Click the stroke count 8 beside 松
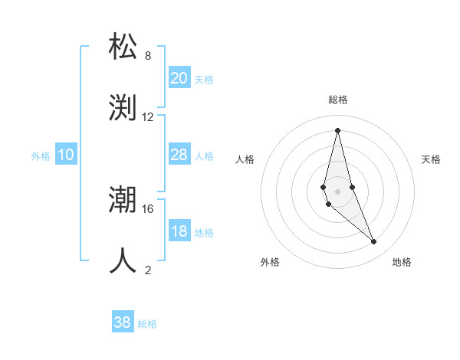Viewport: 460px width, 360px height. click(148, 56)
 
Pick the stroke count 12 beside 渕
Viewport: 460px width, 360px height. click(148, 117)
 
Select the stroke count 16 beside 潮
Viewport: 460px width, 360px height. click(148, 208)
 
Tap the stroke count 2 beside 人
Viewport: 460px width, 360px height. click(148, 270)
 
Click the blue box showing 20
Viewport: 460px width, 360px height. click(179, 77)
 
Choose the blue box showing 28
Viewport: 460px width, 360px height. click(179, 155)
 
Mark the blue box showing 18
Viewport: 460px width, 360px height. click(179, 231)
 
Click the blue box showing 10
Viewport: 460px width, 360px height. click(66, 155)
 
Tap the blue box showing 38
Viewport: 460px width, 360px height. click(122, 322)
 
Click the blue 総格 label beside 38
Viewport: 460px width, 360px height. click(147, 324)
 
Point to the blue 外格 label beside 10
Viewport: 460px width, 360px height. click(41, 156)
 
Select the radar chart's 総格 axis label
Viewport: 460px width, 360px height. click(337, 100)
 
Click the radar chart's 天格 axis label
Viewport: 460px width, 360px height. click(431, 159)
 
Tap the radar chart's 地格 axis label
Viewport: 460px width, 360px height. click(402, 262)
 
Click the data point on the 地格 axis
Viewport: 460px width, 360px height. click(374, 241)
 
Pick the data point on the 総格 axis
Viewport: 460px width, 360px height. click(337, 130)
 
